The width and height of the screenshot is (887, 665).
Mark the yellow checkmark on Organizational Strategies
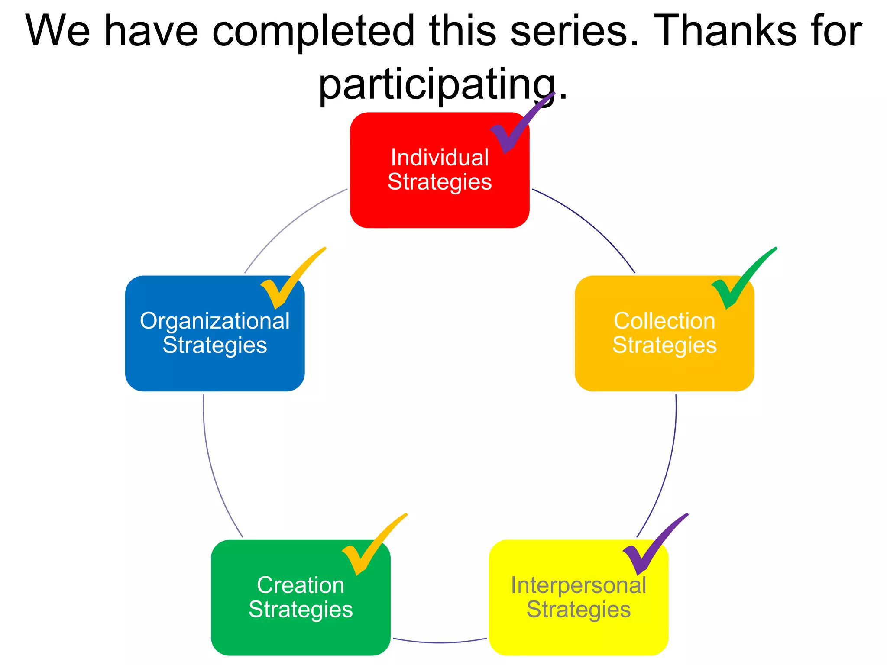(282, 290)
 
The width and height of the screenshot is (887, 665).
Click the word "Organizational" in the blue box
(215, 321)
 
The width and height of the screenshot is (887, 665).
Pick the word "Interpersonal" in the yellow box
(578, 585)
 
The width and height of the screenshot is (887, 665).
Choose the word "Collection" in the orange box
(664, 321)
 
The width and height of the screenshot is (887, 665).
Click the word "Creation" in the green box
(301, 585)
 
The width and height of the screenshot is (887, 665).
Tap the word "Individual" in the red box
(440, 157)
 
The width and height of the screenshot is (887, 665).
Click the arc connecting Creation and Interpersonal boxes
(440, 642)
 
